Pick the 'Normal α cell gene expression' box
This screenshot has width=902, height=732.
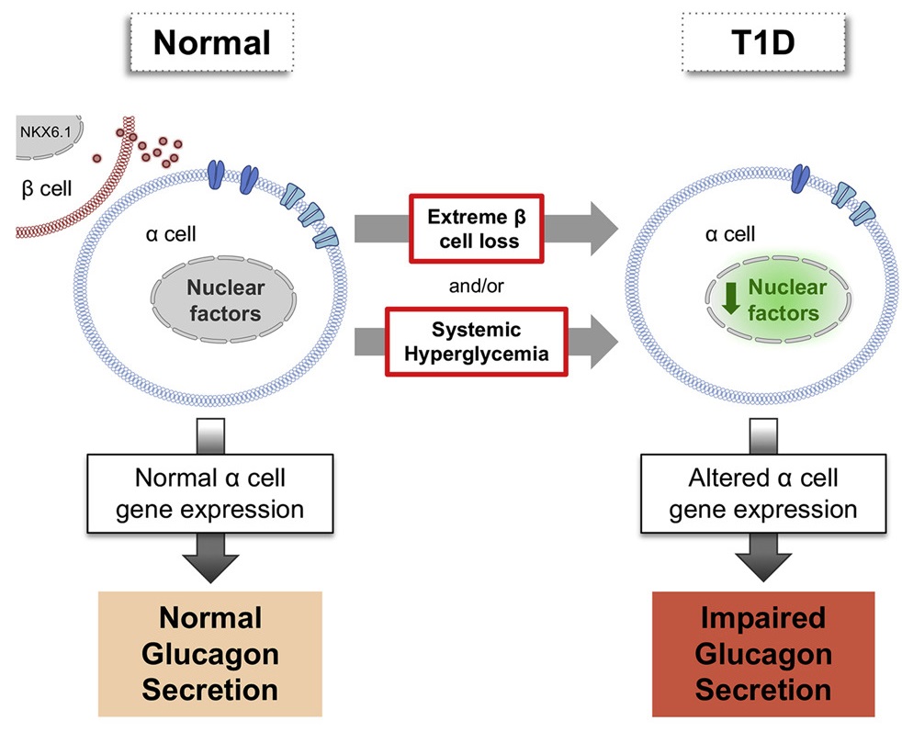click(x=210, y=493)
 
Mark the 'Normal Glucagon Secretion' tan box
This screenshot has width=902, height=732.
click(x=210, y=652)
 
